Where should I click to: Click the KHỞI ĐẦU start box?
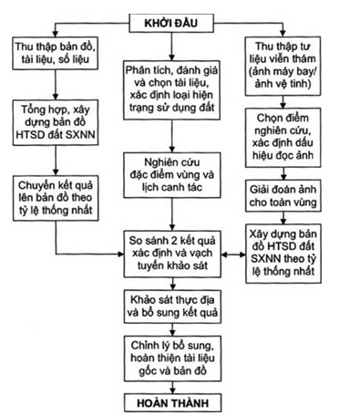(x=172, y=19)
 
